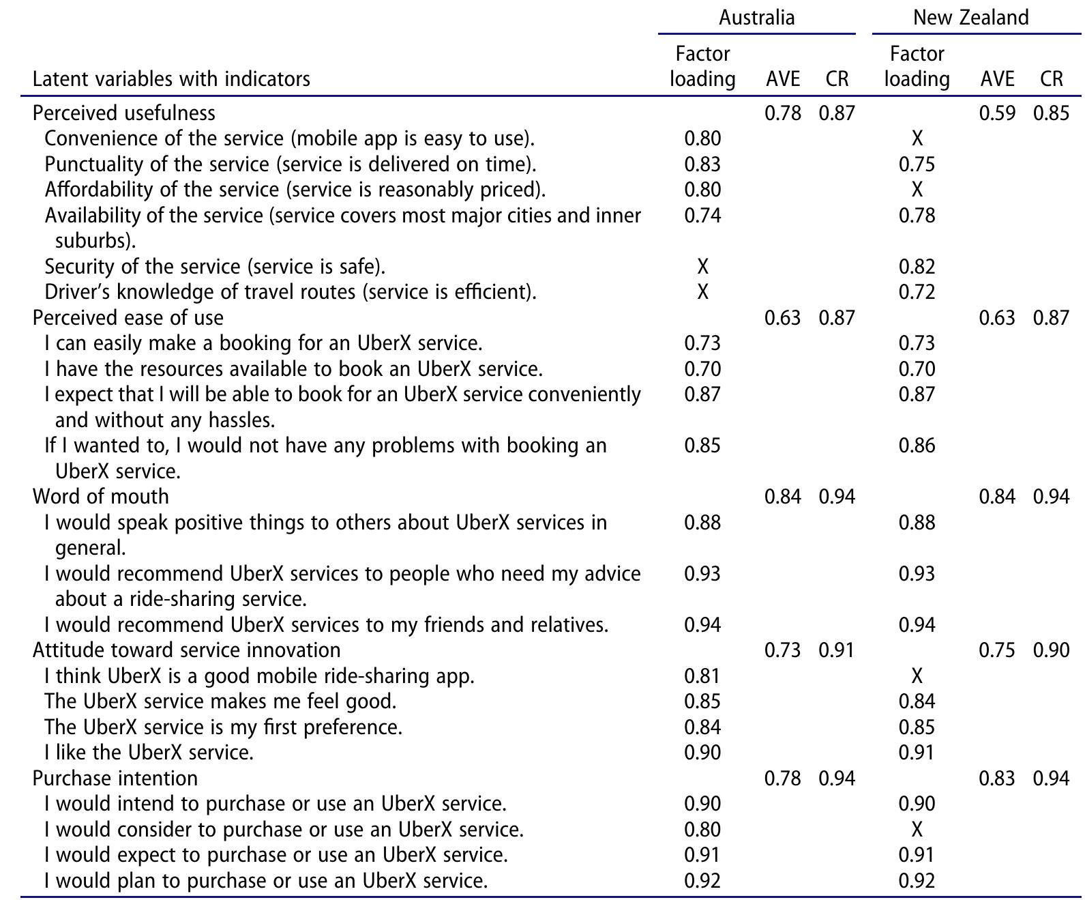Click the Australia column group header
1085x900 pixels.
coord(756,18)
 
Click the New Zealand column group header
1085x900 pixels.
coord(970,18)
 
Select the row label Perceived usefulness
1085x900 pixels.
coord(123,113)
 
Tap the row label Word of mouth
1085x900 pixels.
coord(101,497)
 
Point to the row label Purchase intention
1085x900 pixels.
coord(115,779)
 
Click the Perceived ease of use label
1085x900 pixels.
coord(128,318)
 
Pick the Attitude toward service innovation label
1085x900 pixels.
coord(187,650)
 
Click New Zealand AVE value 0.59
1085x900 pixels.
coord(997,113)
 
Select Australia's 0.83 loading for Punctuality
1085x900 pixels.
coord(702,164)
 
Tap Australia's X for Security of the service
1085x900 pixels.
coord(702,267)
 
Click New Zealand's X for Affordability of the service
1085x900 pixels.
coord(917,190)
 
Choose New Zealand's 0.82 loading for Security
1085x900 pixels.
coord(917,267)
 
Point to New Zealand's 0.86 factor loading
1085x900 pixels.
coord(917,446)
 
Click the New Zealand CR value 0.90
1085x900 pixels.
coord(1051,650)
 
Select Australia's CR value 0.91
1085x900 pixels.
coord(837,650)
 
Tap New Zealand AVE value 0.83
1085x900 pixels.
coord(997,779)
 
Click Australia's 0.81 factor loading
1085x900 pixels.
coord(702,676)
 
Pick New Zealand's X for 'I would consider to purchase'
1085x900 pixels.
coord(917,829)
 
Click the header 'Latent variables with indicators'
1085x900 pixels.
coord(171,79)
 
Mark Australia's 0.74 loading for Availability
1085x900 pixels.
coord(702,215)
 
